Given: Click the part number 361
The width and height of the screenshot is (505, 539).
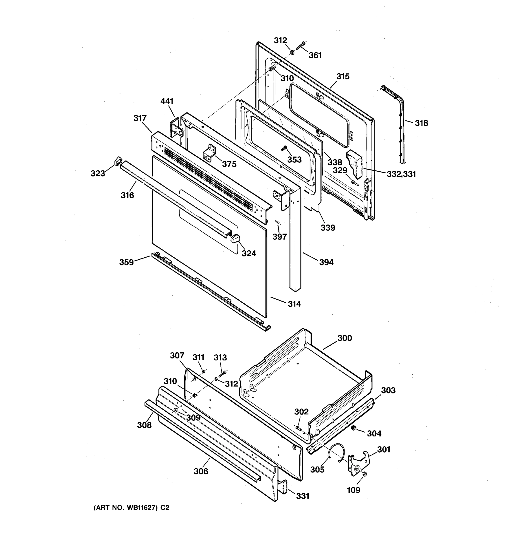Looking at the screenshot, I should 315,55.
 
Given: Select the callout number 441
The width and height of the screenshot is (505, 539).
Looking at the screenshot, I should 167,101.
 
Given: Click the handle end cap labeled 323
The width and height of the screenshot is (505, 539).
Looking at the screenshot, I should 118,161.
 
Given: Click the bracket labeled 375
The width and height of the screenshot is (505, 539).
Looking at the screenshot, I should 209,153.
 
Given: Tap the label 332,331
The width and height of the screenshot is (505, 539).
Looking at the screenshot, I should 401,174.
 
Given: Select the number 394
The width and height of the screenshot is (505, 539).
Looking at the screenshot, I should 326,262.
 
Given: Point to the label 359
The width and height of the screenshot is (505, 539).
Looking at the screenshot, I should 127,262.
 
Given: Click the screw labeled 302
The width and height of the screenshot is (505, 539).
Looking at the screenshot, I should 298,428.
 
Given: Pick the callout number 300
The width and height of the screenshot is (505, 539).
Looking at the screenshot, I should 345,338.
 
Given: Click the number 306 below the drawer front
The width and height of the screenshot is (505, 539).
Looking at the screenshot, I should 201,471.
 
